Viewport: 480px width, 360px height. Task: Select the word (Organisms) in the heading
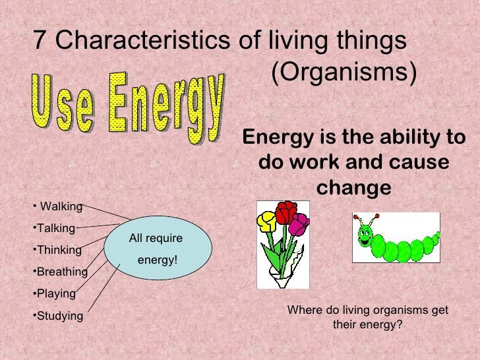pos(344,74)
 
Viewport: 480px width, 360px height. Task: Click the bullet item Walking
pos(61,207)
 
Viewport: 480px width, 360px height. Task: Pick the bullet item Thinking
pos(59,251)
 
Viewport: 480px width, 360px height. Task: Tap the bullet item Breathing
pos(61,272)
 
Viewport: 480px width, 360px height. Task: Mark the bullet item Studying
pos(59,316)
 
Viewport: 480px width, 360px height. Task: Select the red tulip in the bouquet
pos(286,212)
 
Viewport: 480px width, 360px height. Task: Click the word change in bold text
pos(354,188)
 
